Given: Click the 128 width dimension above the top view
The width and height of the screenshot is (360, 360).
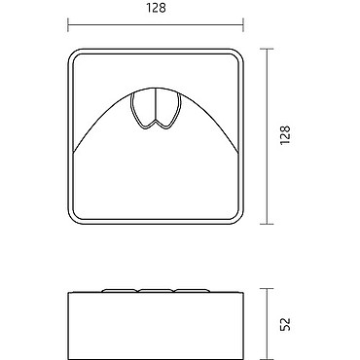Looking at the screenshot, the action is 156,8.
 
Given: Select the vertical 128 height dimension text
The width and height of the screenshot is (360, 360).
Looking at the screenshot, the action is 285,135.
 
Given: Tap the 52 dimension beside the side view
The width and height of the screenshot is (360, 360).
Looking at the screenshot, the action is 285,324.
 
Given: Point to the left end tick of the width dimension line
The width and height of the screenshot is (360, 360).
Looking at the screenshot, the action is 68,25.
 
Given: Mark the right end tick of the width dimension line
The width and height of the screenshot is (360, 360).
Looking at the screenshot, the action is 243,25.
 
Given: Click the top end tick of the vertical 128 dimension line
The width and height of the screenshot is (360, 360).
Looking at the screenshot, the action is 267,49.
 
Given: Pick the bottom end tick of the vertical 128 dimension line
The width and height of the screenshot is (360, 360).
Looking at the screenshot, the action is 267,224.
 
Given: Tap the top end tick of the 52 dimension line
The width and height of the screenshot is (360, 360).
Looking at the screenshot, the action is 267,288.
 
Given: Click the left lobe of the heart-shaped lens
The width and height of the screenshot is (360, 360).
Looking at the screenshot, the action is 143,108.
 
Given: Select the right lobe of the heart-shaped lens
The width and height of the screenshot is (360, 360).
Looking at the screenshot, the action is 168,108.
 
